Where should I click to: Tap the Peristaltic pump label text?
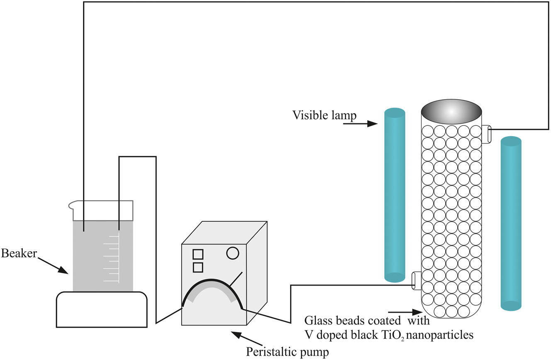tap(288, 352)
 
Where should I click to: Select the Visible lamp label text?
tap(324, 115)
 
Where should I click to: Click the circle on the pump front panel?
tap(233, 252)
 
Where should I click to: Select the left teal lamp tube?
tap(394, 195)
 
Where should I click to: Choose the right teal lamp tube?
tap(511, 224)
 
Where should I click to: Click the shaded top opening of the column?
tap(451, 111)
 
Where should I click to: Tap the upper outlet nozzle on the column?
tap(487, 134)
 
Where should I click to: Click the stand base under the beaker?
tap(102, 309)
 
